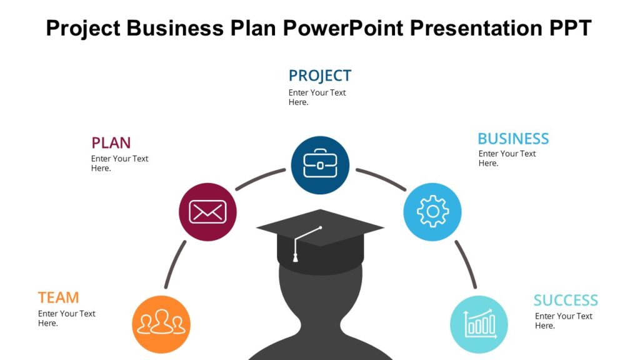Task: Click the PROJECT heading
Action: [319, 76]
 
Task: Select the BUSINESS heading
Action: [513, 138]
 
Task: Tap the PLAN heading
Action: [111, 142]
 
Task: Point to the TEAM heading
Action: [58, 297]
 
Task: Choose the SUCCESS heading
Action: [566, 300]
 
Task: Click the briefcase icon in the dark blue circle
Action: [320, 164]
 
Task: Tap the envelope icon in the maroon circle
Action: [207, 212]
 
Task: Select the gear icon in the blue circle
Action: [432, 212]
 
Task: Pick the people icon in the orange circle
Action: [161, 324]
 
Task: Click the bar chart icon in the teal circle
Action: [479, 324]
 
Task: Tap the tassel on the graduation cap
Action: [296, 256]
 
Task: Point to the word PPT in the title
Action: [569, 28]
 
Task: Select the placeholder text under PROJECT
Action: [317, 97]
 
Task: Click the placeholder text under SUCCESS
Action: [563, 321]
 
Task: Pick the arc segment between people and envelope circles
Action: [174, 264]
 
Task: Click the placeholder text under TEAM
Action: [66, 318]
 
